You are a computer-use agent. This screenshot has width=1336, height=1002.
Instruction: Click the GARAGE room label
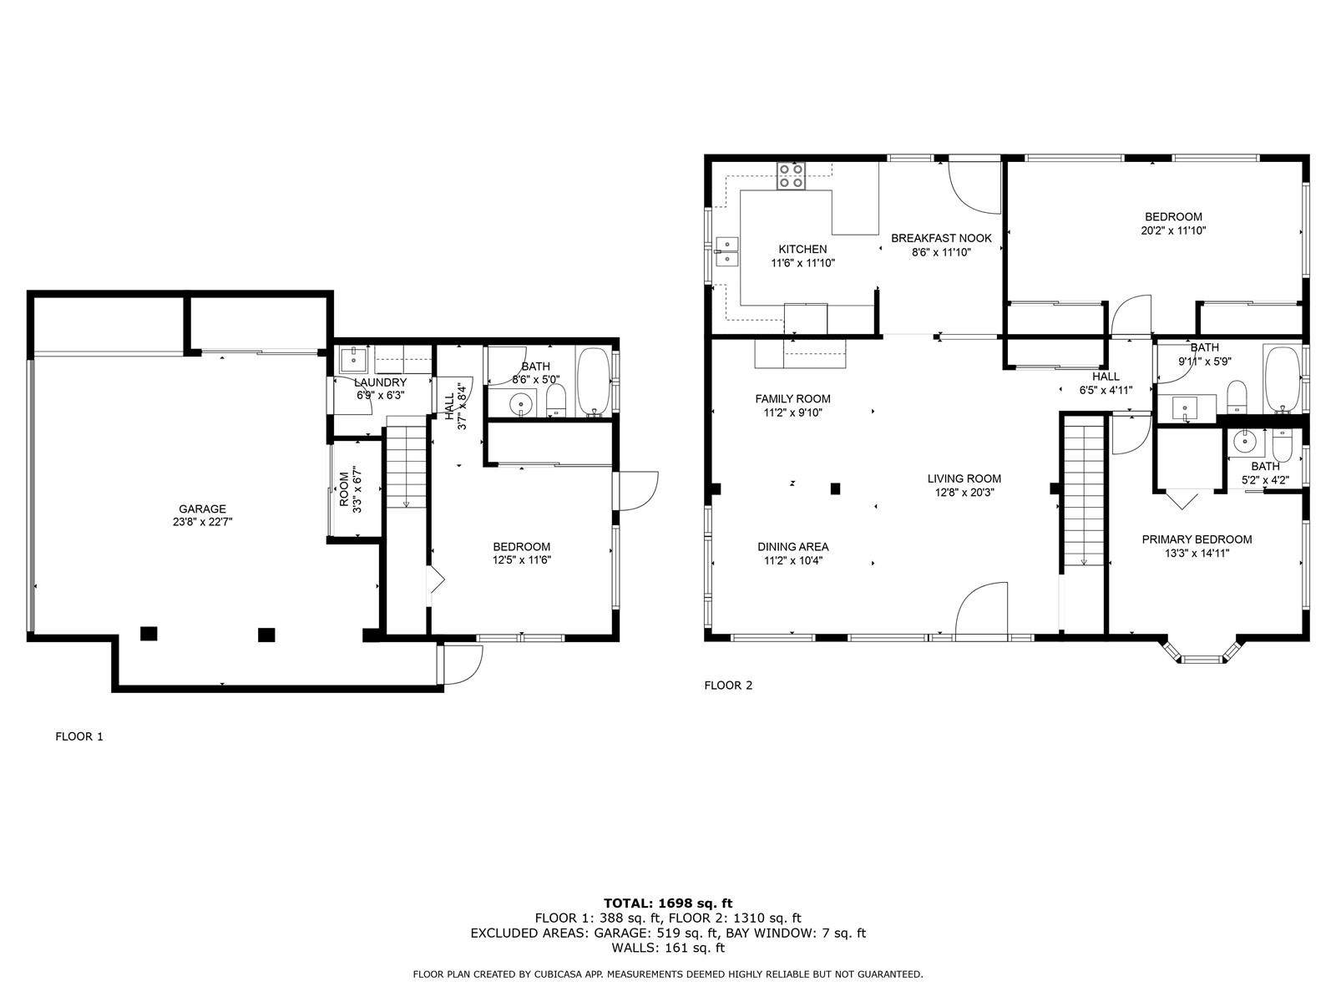(202, 509)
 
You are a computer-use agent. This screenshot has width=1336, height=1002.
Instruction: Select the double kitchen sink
(726, 252)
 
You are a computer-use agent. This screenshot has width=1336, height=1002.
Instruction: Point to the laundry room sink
(352, 360)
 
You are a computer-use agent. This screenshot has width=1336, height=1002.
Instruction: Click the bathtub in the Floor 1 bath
(593, 382)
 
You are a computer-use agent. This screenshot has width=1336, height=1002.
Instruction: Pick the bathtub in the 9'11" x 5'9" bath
(1282, 380)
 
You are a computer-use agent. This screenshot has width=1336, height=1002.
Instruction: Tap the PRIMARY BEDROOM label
(1197, 539)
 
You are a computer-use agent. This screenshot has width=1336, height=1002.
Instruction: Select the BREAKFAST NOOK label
(941, 239)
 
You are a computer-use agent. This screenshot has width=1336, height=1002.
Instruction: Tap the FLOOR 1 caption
(79, 736)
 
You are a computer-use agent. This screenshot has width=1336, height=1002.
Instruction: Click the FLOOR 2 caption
(728, 686)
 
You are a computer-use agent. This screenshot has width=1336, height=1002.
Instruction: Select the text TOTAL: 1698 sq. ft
(668, 903)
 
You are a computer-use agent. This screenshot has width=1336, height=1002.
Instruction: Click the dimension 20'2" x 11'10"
(1173, 231)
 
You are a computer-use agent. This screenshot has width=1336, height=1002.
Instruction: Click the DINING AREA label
(792, 547)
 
